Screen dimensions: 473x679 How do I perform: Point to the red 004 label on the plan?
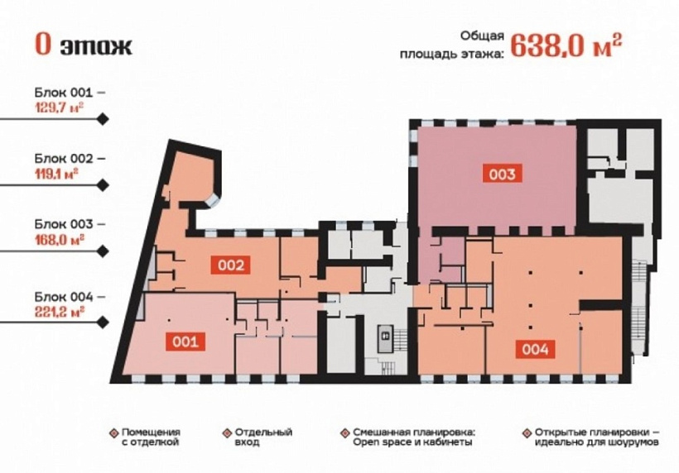click(534, 349)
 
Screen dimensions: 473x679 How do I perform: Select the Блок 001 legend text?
click(70, 91)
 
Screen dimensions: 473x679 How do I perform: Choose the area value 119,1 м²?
click(56, 173)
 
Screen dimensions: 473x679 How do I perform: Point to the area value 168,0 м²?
click(58, 240)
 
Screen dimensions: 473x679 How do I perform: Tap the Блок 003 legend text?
click(70, 224)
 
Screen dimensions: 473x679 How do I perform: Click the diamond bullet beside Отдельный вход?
click(226, 432)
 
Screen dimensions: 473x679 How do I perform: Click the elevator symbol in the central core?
click(384, 336)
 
